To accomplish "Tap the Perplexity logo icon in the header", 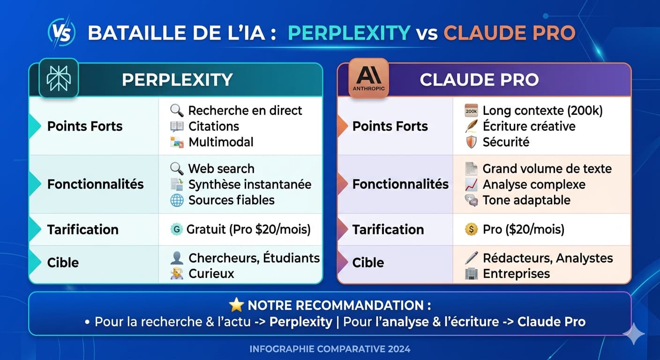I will coord(59,78).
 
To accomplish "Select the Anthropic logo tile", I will coord(368,78).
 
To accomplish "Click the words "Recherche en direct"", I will coord(245,111).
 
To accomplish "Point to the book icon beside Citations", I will coord(177,126).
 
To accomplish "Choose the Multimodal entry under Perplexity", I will coord(221,142).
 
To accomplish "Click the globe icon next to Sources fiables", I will coord(177,200).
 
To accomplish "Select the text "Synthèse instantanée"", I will coord(249,185).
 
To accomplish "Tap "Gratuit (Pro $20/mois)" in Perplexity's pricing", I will coord(248,230).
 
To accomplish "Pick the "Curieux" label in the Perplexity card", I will coord(211,274).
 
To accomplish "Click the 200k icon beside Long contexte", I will coord(471,111).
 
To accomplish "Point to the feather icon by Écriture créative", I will coord(471,126).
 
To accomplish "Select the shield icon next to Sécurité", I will coord(471,142).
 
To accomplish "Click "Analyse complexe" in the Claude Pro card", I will coord(534,185).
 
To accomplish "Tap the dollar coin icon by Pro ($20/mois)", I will coord(471,230).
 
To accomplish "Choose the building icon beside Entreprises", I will coord(471,274).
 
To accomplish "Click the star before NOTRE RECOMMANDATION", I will coord(236,306).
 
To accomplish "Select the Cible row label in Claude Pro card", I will coord(368,262).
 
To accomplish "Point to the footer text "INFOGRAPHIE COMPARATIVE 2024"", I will coord(330,349).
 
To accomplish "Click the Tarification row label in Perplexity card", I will coord(82,230).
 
